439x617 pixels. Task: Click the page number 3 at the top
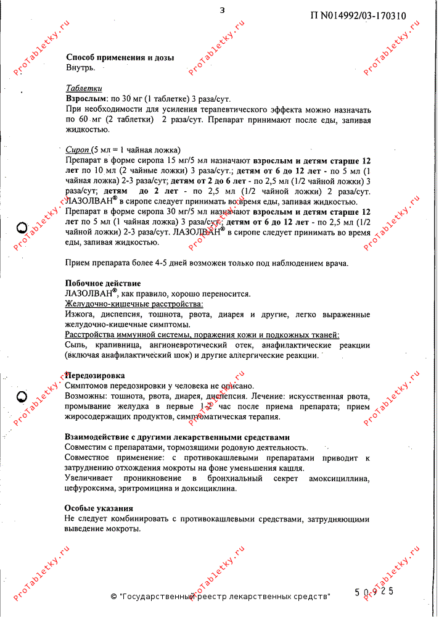(222, 9)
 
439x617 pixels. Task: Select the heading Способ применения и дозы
(120, 57)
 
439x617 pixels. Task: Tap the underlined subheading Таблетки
(84, 88)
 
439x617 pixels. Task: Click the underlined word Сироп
(77, 150)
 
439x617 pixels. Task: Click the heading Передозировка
(95, 375)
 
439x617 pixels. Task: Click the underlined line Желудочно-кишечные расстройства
(134, 304)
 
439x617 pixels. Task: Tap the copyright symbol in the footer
(113, 597)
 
